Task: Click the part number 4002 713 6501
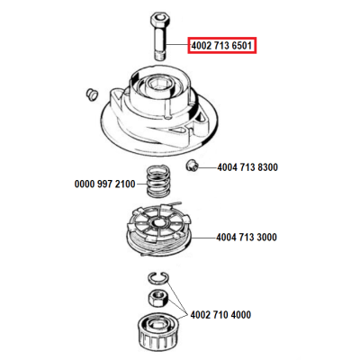click(x=221, y=46)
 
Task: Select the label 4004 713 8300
click(x=247, y=167)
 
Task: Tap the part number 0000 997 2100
click(x=104, y=184)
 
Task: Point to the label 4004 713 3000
click(x=247, y=238)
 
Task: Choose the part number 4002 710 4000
click(x=220, y=315)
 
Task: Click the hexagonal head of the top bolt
click(x=159, y=19)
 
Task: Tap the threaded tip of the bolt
click(x=160, y=56)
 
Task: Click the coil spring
click(x=158, y=181)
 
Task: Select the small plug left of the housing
click(x=91, y=94)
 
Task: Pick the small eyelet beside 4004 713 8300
click(x=191, y=166)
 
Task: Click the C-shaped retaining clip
click(x=158, y=277)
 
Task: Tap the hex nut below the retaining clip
click(x=159, y=298)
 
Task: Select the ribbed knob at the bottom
click(x=157, y=330)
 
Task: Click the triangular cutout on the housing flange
click(x=179, y=130)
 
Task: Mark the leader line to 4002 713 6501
click(x=177, y=45)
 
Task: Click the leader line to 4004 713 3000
click(x=203, y=238)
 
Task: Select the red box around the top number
click(x=222, y=46)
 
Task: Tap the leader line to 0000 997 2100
click(x=141, y=184)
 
